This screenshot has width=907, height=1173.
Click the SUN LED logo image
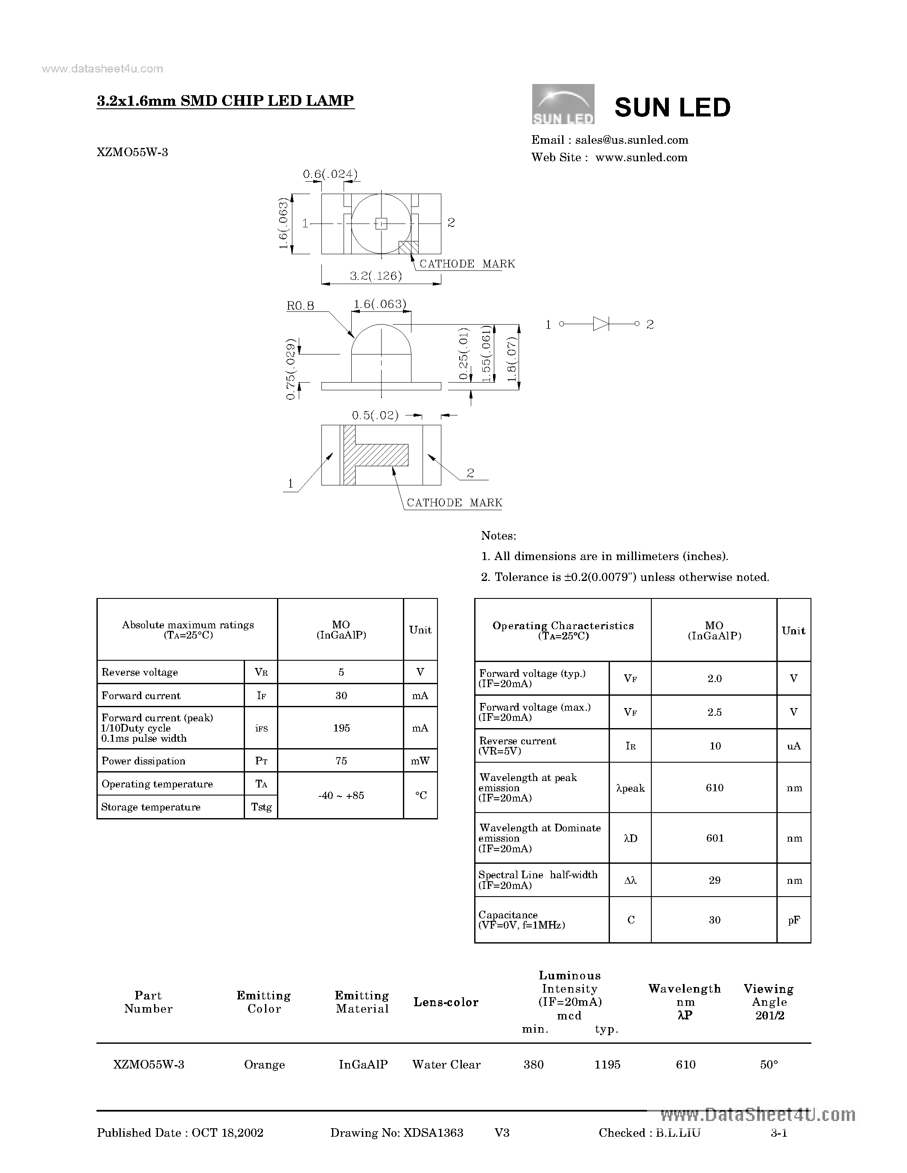(x=563, y=104)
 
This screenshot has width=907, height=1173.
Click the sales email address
(x=631, y=140)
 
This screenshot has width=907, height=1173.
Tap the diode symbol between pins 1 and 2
(x=601, y=324)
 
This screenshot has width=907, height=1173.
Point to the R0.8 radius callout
(x=300, y=305)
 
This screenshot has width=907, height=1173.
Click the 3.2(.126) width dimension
(x=376, y=276)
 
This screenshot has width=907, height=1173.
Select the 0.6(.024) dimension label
(x=330, y=174)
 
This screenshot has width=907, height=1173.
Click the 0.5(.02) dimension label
(x=375, y=415)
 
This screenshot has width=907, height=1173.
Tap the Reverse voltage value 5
(x=341, y=672)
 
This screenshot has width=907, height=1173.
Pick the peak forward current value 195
(x=341, y=728)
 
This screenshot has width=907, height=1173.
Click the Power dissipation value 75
(x=341, y=761)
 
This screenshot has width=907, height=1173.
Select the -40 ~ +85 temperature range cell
(x=341, y=796)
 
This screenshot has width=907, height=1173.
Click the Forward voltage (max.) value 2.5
(x=714, y=712)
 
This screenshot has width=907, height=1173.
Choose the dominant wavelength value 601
(x=715, y=838)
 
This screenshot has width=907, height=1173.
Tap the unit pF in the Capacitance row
(x=793, y=920)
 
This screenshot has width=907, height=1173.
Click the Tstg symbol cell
(x=261, y=807)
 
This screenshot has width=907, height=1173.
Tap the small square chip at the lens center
(x=381, y=224)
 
